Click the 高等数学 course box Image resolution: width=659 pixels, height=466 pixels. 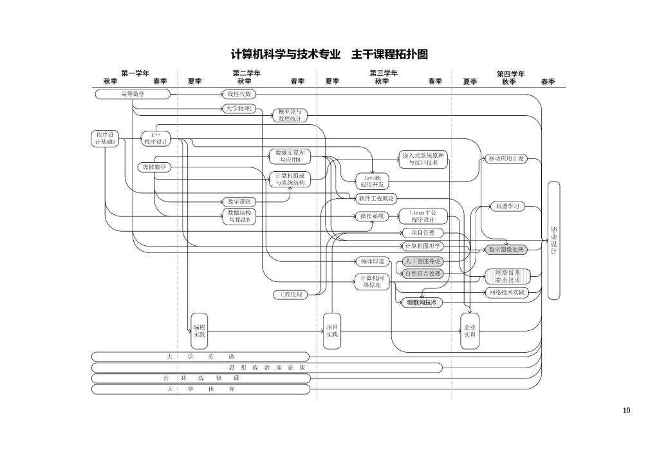[x=133, y=95]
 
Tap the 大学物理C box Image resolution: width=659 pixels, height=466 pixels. [x=239, y=109]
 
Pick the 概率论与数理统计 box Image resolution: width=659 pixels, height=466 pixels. [x=290, y=115]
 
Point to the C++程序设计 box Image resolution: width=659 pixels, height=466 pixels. [x=156, y=138]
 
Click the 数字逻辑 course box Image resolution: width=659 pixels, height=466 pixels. [x=239, y=201]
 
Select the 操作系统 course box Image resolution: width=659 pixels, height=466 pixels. [x=372, y=216]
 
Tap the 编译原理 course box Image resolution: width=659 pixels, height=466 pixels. [x=372, y=261]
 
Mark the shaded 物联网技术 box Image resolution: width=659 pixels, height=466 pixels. [x=422, y=302]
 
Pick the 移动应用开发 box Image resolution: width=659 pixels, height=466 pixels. [x=506, y=158]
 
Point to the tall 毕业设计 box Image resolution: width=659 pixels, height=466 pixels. [x=553, y=240]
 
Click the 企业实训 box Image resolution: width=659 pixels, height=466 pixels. [x=470, y=331]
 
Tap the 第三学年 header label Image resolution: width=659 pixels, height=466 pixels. [x=383, y=73]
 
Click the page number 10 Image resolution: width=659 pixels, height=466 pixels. [x=627, y=410]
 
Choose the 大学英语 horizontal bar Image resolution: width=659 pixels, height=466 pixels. [x=200, y=356]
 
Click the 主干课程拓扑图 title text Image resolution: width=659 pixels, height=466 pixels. [x=389, y=55]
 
